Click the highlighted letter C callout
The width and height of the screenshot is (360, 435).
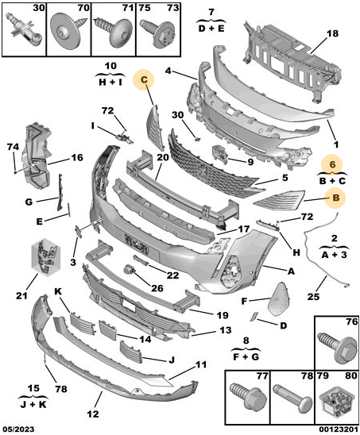tap(144, 79)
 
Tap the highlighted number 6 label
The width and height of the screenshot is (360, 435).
tap(332, 164)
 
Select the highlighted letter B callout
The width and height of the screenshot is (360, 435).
tap(336, 198)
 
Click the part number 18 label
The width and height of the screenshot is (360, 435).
tap(332, 33)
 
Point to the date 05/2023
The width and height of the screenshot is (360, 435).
tap(19, 429)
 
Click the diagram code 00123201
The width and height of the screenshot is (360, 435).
tap(338, 429)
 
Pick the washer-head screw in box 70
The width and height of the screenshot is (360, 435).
tap(68, 31)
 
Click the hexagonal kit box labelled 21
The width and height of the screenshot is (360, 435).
tap(46, 257)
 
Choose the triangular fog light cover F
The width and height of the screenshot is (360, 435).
tap(278, 298)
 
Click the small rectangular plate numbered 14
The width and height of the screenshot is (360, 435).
tap(107, 330)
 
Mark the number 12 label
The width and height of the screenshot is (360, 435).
tap(93, 414)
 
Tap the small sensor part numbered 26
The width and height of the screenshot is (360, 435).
tap(129, 269)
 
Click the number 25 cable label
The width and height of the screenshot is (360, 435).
tap(313, 297)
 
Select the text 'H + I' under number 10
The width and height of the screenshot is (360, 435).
tap(110, 82)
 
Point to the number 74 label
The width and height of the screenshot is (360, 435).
tap(13, 147)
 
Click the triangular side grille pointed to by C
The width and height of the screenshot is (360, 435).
tap(155, 127)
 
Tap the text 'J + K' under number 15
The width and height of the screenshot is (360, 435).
tap(33, 404)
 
